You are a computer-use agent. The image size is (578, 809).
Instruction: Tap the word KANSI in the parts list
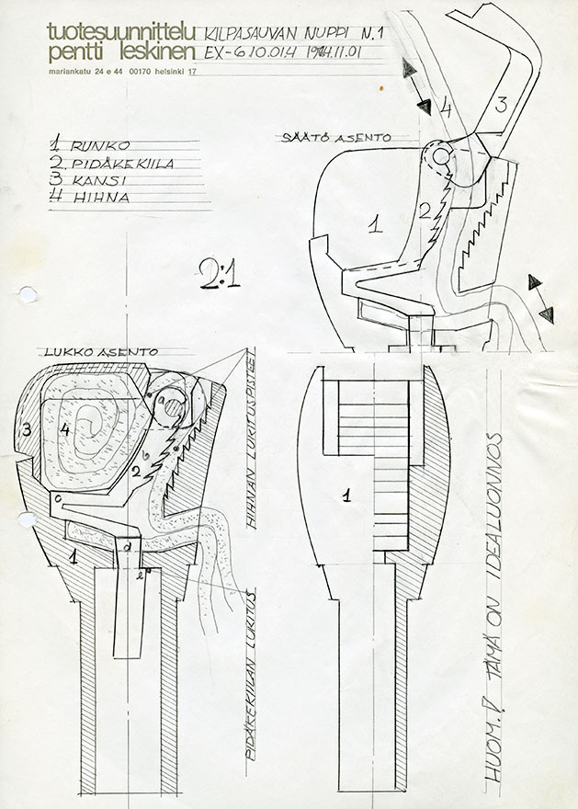98,182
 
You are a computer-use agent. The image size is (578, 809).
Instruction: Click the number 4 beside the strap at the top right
447,108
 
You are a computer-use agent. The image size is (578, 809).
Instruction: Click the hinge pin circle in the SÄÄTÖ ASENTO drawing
439,157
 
